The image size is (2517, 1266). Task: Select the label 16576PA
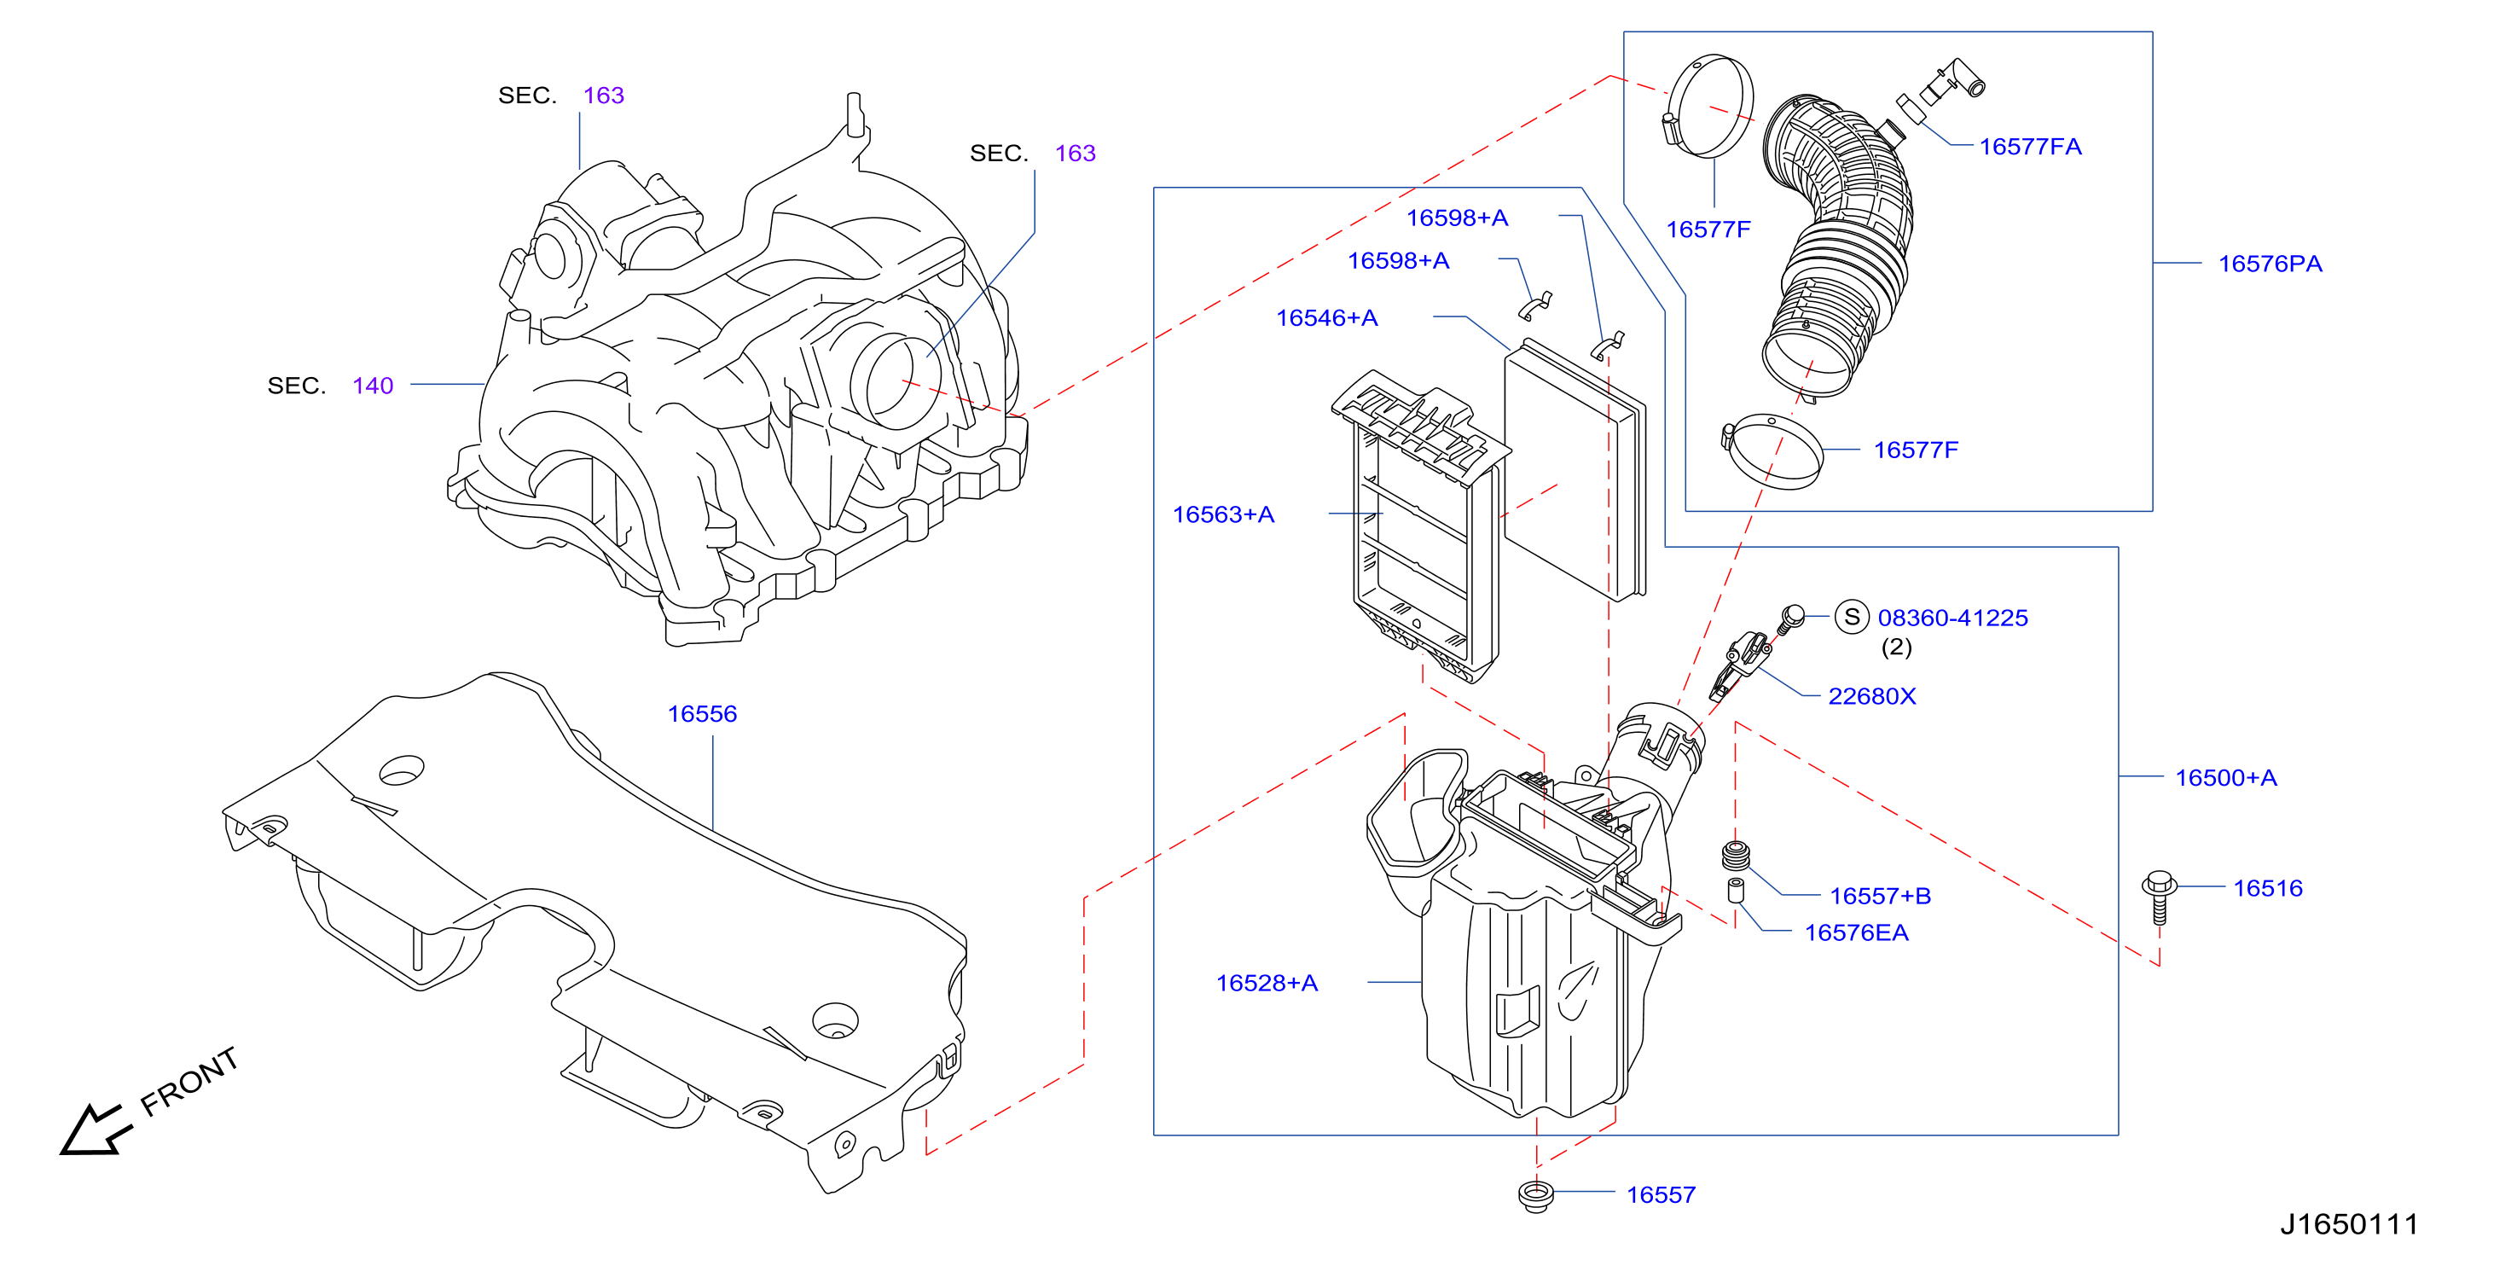coord(2269,264)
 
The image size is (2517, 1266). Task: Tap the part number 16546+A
coord(1326,317)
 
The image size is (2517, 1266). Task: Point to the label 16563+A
coord(1222,514)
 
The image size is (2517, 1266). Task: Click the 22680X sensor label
coord(1871,696)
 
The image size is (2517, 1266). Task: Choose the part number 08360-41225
coord(1952,618)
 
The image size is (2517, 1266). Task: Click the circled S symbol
coord(1851,617)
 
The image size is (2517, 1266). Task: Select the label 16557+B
coord(1879,896)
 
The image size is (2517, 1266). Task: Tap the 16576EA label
coord(1855,932)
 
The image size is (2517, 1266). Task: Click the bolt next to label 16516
coord(2160,897)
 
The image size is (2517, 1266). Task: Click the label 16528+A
coord(1267,983)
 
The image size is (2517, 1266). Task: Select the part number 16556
coord(702,714)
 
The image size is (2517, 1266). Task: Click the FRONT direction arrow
coord(95,1130)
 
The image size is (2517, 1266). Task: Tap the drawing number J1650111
coord(2349,1224)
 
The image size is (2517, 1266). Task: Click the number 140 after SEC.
coord(372,386)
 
